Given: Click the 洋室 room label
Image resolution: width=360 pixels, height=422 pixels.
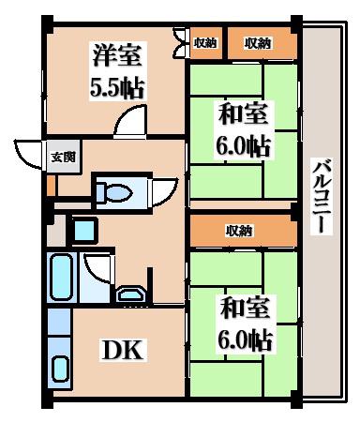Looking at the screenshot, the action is pyautogui.click(x=117, y=55).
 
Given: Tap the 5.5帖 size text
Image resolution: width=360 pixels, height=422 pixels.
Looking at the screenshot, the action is pyautogui.click(x=117, y=88).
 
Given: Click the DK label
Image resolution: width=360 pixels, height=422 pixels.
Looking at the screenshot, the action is pyautogui.click(x=123, y=350).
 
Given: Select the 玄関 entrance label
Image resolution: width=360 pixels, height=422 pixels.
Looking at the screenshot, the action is pyautogui.click(x=64, y=157).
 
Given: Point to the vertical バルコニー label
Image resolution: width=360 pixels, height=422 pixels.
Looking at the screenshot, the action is pyautogui.click(x=322, y=196).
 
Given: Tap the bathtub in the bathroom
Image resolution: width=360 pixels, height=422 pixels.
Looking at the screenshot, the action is pyautogui.click(x=62, y=277).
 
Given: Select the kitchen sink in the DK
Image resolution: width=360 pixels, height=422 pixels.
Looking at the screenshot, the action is pyautogui.click(x=61, y=369).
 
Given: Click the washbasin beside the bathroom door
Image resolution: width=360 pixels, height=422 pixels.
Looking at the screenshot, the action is pyautogui.click(x=131, y=294).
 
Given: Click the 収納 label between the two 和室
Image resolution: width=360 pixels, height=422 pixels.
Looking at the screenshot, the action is pyautogui.click(x=239, y=232).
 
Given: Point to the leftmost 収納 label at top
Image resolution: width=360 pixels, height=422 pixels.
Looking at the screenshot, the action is pyautogui.click(x=205, y=43).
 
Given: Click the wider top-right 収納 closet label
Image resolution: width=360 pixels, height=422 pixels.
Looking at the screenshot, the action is pyautogui.click(x=258, y=43).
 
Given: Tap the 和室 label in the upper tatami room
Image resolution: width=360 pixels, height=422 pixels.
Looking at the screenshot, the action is pyautogui.click(x=243, y=114).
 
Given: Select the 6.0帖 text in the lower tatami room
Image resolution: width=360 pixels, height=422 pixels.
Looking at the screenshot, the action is pyautogui.click(x=245, y=339).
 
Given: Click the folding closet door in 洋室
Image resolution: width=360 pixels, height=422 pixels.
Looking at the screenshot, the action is pyautogui.click(x=179, y=43).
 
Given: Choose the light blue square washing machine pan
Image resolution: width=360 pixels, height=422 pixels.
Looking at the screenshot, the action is pyautogui.click(x=84, y=230).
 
